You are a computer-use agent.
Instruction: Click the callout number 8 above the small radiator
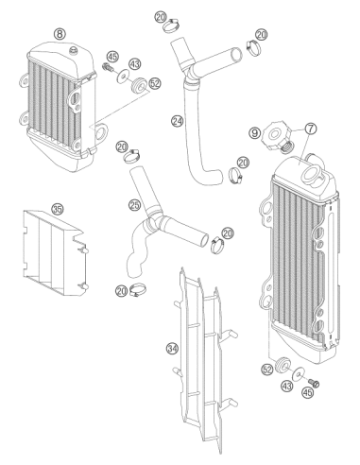(60, 33)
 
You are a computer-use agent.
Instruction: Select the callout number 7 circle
(311, 129)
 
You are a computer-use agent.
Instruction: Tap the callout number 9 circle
(255, 132)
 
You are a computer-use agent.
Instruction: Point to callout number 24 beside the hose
(178, 121)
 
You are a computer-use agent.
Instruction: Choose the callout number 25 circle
(134, 205)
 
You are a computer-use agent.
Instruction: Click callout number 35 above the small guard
(58, 209)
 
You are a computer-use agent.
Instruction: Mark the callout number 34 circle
(173, 349)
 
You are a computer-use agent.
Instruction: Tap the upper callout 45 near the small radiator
(112, 57)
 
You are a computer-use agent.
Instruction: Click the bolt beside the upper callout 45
(108, 67)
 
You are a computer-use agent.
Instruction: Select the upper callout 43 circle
(135, 64)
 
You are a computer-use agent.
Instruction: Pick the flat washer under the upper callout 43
(123, 76)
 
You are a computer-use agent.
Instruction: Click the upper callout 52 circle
(155, 83)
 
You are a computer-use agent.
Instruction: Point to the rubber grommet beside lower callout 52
(282, 365)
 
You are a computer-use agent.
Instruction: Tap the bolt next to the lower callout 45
(314, 384)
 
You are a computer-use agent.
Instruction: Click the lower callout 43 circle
(287, 386)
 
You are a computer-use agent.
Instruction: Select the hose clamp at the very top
(172, 26)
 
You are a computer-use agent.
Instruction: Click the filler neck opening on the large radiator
(311, 173)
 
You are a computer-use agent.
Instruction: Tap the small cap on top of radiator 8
(74, 50)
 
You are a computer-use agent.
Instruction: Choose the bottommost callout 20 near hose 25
(122, 290)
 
